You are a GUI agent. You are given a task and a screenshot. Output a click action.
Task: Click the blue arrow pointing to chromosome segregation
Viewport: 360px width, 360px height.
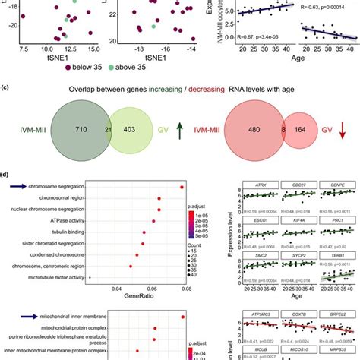point(14,186)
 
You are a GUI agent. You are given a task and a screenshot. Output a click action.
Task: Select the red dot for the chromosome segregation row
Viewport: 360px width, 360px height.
point(182,187)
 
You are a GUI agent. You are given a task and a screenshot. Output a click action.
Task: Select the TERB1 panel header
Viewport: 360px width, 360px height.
point(336,257)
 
